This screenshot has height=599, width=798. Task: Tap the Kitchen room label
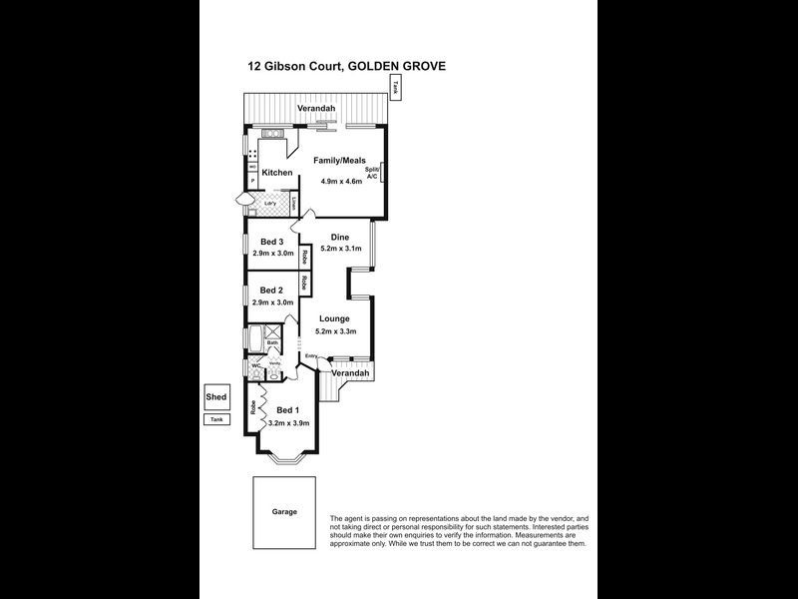(276, 173)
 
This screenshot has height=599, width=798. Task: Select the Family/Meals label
(339, 160)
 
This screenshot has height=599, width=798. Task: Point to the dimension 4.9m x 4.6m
(342, 182)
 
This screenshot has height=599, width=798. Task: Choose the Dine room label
(339, 237)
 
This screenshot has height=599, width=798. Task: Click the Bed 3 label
(272, 242)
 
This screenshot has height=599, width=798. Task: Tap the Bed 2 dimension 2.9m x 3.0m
(272, 301)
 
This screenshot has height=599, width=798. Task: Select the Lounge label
(334, 319)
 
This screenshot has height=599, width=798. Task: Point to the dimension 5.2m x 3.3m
(335, 331)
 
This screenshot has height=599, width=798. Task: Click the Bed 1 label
(287, 410)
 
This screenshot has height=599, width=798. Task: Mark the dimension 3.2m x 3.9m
(289, 423)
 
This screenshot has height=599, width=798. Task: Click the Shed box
(216, 396)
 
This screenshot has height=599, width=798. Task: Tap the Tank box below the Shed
(216, 419)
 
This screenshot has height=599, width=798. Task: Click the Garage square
(284, 511)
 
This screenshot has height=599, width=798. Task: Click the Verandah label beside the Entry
(352, 373)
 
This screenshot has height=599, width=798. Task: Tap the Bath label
(271, 342)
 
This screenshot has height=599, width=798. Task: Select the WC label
(255, 365)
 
